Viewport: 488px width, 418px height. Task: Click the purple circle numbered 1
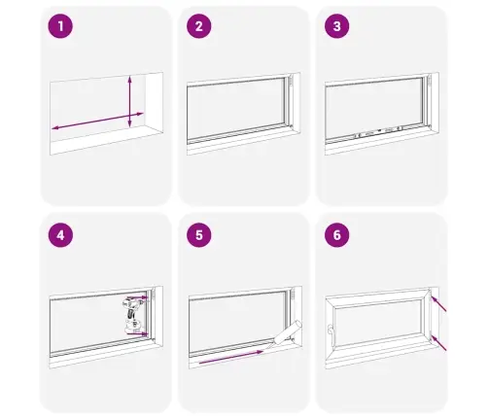tap(60, 26)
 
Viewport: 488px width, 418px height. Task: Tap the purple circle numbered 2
tap(199, 26)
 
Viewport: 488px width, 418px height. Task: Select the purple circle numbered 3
tap(337, 26)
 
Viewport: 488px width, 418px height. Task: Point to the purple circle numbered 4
tap(60, 235)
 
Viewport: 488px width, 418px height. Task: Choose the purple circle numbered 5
tap(199, 235)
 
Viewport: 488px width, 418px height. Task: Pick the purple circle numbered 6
tap(337, 235)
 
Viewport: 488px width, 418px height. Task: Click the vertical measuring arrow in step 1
tap(129, 101)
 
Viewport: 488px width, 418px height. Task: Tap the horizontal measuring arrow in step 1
tap(97, 121)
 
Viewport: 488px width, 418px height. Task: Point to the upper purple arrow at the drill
tap(137, 296)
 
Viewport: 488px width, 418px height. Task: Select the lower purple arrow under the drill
tap(137, 333)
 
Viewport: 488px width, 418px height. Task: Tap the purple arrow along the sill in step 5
tap(231, 357)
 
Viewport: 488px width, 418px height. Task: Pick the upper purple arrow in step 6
tap(438, 303)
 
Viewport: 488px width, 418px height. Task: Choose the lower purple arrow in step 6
tap(438, 343)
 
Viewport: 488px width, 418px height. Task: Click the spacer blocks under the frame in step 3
tap(378, 131)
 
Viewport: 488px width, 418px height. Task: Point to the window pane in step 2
tap(236, 109)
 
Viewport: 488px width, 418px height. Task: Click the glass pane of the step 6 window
tap(378, 322)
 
